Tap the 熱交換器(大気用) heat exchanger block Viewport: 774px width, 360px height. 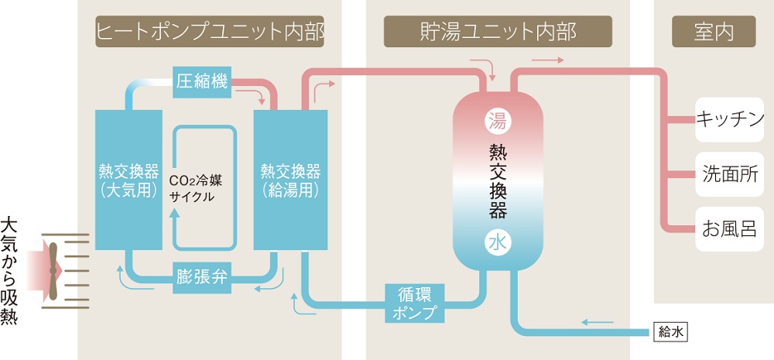129,180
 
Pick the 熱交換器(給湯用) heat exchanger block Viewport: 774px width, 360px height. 290,180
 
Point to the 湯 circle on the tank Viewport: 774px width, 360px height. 496,120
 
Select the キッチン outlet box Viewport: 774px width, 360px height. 730,119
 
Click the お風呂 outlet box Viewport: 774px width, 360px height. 730,229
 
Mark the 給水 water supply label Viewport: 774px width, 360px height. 670,332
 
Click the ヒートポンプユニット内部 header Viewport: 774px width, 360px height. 210,32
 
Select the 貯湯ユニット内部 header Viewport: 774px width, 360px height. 498,32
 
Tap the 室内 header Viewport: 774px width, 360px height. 714,32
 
